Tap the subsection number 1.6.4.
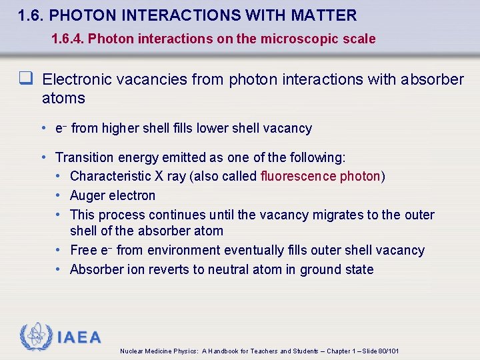(67, 39)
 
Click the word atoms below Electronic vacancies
(63, 98)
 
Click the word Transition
(85, 157)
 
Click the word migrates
(345, 215)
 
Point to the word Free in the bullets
(83, 250)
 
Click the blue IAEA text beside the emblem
(79, 337)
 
